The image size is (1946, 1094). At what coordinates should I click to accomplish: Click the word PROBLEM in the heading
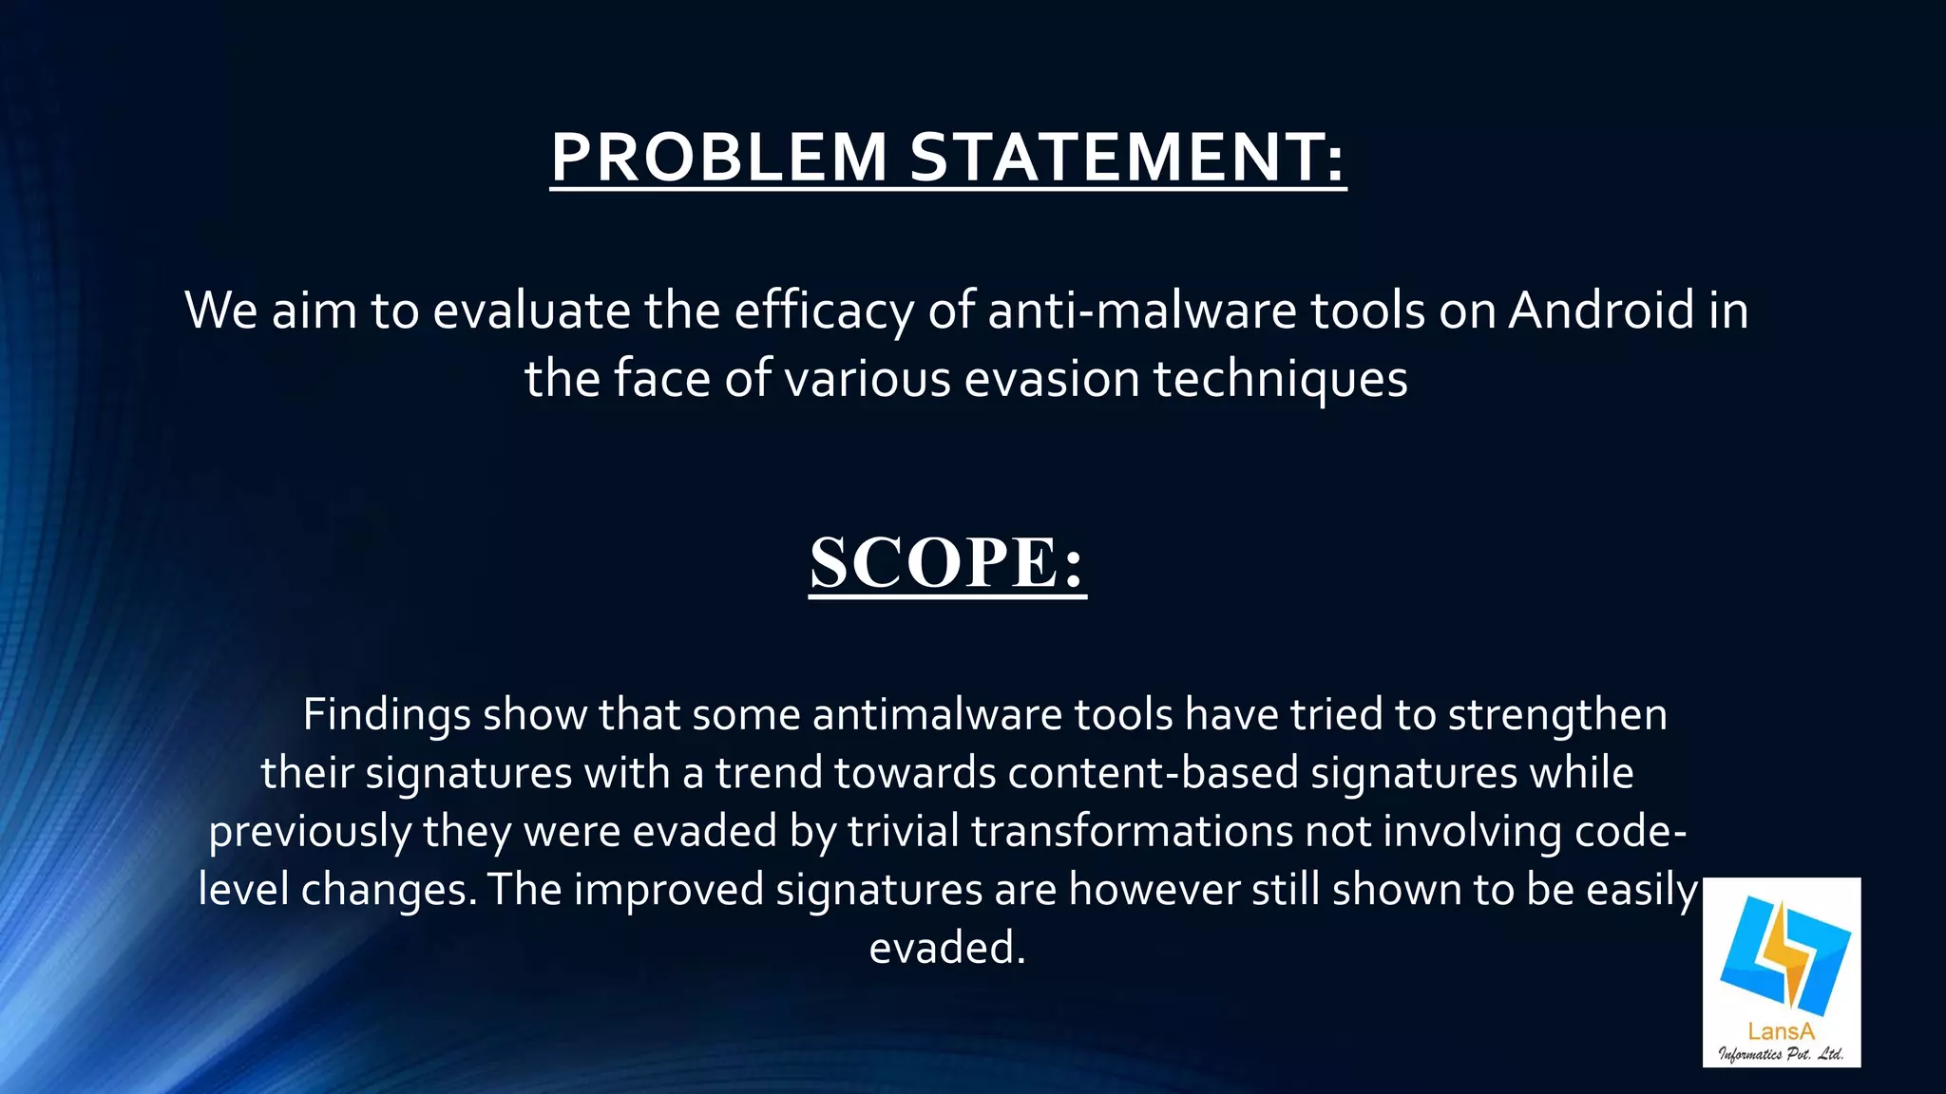click(x=718, y=157)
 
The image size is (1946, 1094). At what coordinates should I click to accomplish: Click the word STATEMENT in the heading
click(x=1127, y=157)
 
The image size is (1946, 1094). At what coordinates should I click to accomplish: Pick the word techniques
click(x=1280, y=379)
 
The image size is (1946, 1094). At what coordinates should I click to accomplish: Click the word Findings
click(x=386, y=715)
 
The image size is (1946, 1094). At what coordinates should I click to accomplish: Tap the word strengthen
click(x=1557, y=715)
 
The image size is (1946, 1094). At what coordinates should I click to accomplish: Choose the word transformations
click(x=1132, y=831)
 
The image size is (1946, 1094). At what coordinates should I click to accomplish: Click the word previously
click(x=310, y=831)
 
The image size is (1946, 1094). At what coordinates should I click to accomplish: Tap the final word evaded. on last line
click(x=947, y=948)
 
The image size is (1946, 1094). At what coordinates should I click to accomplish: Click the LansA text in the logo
click(x=1781, y=1031)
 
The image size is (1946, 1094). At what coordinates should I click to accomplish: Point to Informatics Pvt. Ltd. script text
click(x=1781, y=1054)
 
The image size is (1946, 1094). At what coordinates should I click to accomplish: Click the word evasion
click(x=1052, y=379)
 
